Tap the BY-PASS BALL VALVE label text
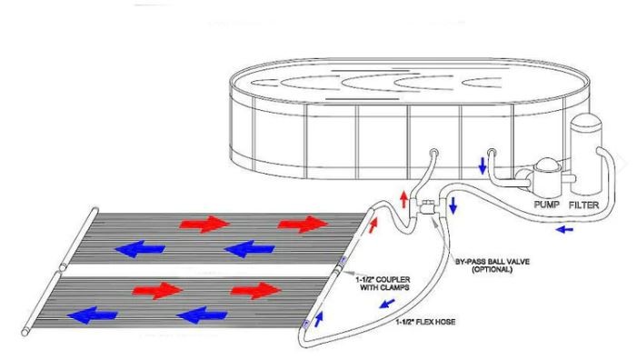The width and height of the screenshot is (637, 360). pyautogui.click(x=490, y=261)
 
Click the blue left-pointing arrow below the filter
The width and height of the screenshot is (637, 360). pyautogui.click(x=565, y=230)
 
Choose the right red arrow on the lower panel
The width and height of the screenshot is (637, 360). pyautogui.click(x=254, y=289)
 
